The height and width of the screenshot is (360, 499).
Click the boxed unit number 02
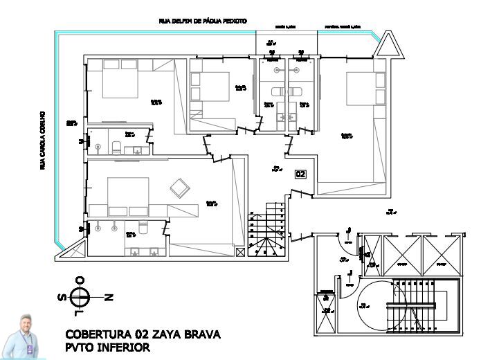coord(300,174)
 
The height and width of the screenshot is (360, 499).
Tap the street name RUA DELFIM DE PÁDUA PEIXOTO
coord(202,21)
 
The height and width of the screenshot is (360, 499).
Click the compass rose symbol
coord(80,296)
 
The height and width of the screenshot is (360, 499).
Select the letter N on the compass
coord(108,297)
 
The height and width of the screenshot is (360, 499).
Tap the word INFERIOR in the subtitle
coord(125,348)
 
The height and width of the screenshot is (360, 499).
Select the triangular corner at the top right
coord(388,46)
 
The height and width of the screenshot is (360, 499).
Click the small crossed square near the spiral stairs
coord(239,253)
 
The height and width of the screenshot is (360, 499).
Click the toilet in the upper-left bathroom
coord(117,146)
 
